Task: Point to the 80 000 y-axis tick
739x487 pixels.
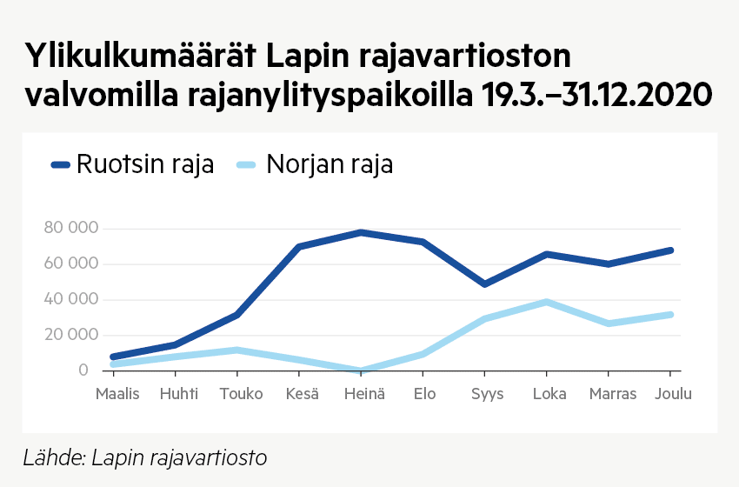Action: (71, 229)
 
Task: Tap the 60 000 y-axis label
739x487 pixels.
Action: (71, 264)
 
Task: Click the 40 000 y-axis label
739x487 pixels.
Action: (71, 300)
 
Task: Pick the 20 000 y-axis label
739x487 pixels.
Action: (71, 335)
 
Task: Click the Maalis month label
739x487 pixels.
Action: (117, 394)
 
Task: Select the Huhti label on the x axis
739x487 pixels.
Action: (179, 394)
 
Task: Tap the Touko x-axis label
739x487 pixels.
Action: (241, 394)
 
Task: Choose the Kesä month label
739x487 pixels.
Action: (303, 394)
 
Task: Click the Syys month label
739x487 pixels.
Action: (487, 394)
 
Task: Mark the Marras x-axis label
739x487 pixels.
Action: (613, 394)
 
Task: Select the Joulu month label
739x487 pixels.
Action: (674, 394)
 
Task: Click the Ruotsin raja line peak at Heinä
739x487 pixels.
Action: (361, 232)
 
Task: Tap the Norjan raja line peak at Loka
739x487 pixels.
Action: (546, 302)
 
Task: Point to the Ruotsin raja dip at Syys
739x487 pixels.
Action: (484, 284)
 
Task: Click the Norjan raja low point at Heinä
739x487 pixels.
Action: (361, 370)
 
